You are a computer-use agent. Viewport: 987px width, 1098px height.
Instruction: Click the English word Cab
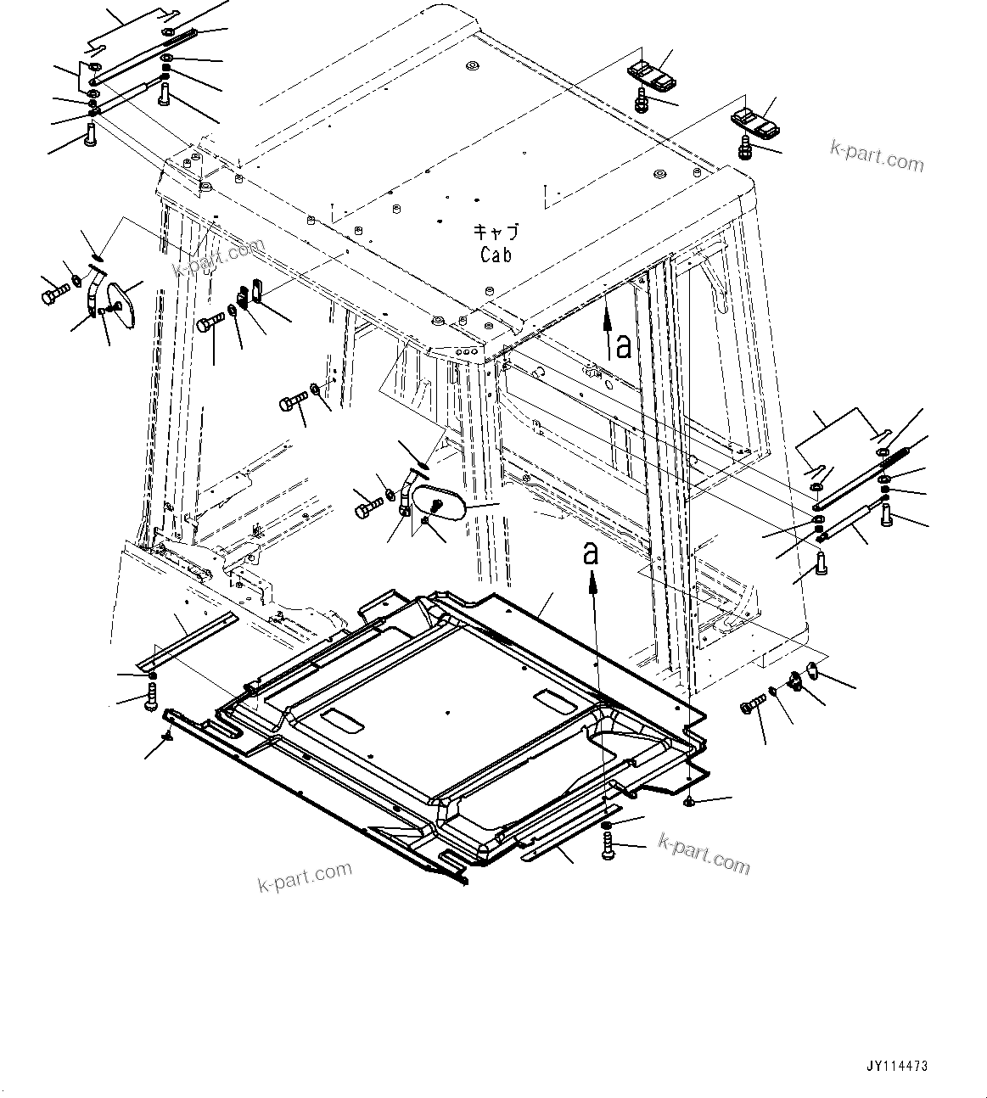pyautogui.click(x=496, y=254)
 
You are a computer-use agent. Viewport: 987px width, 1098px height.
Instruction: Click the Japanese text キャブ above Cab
pyautogui.click(x=496, y=232)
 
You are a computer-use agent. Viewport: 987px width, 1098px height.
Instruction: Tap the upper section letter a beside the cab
pyautogui.click(x=624, y=345)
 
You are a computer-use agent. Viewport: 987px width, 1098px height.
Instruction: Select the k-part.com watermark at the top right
pyautogui.click(x=877, y=156)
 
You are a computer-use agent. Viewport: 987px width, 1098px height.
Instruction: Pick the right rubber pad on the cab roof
pyautogui.click(x=758, y=124)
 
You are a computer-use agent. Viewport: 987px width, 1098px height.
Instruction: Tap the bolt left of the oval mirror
pyautogui.click(x=367, y=509)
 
